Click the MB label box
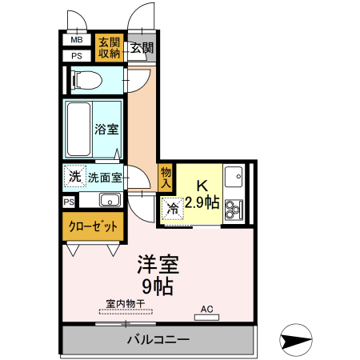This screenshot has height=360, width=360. point(77,40)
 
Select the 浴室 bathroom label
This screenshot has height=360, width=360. point(106,129)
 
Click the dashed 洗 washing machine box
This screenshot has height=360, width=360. point(74,175)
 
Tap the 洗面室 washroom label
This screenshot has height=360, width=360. point(105,176)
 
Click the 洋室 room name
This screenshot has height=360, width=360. point(157,264)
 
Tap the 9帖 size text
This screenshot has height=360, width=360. point(158,285)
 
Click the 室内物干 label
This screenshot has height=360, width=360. point(125,303)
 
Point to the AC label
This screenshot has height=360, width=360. point(206,309)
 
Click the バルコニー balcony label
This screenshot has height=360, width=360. point(158,340)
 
